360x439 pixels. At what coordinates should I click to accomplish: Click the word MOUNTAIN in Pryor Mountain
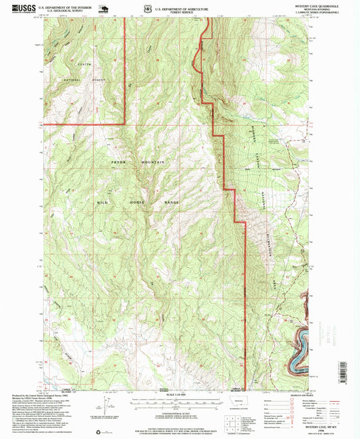(156, 163)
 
